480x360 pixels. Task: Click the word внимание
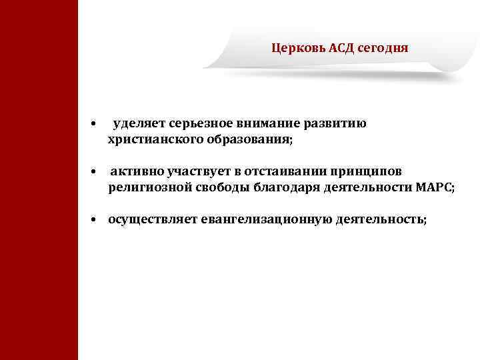[269, 123]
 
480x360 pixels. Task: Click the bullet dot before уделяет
[95, 125]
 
